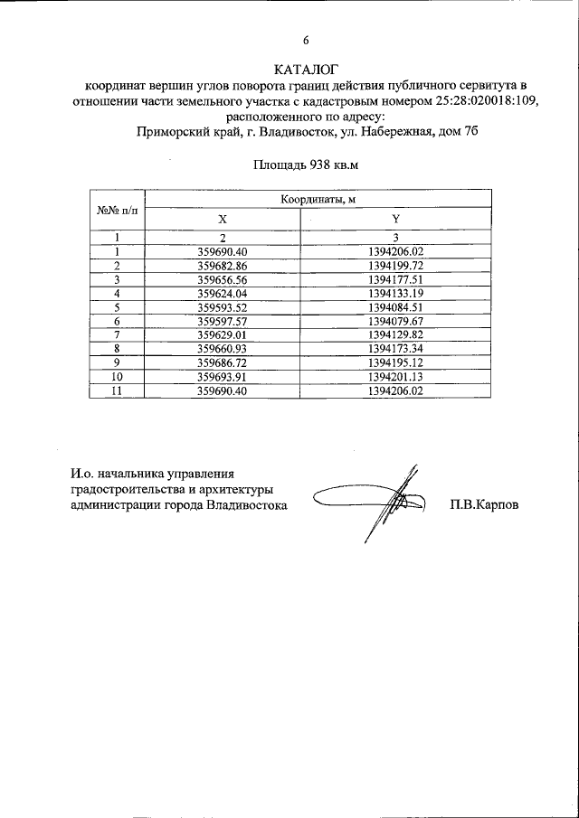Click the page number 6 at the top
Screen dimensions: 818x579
305,41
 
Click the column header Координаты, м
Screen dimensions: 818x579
318,200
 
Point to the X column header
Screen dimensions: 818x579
223,220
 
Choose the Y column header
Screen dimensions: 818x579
395,220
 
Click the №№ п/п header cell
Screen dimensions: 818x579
118,210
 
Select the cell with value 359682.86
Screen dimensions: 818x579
223,266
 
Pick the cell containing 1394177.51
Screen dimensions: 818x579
396,279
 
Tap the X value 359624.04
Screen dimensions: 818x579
223,294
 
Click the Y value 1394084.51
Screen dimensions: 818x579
396,307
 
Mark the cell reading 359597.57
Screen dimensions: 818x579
223,321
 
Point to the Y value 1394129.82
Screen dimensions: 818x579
396,334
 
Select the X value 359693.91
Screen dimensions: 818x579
223,376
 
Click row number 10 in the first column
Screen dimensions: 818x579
118,376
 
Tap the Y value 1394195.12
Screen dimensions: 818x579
396,362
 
